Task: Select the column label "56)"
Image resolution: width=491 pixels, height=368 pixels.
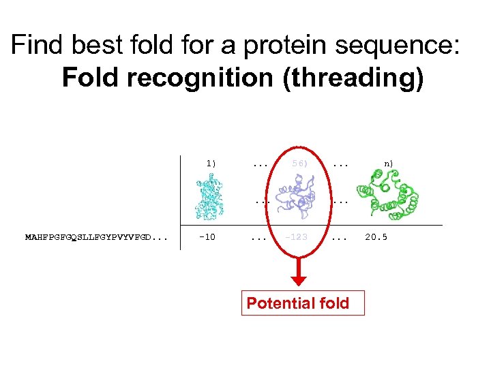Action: (x=299, y=164)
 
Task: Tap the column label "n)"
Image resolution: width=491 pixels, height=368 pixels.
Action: (x=388, y=164)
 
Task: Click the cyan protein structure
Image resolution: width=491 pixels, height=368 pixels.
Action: (x=211, y=196)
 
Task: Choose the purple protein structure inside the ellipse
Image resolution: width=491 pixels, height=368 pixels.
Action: (x=299, y=195)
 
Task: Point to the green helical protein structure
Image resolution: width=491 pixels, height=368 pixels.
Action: (x=387, y=194)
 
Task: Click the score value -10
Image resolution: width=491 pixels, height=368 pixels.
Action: (x=207, y=238)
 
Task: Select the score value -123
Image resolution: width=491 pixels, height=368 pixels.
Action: (x=297, y=238)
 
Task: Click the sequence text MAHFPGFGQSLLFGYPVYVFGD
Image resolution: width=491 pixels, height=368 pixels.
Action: (x=95, y=238)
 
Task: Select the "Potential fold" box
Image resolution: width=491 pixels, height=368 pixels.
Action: (x=298, y=303)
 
